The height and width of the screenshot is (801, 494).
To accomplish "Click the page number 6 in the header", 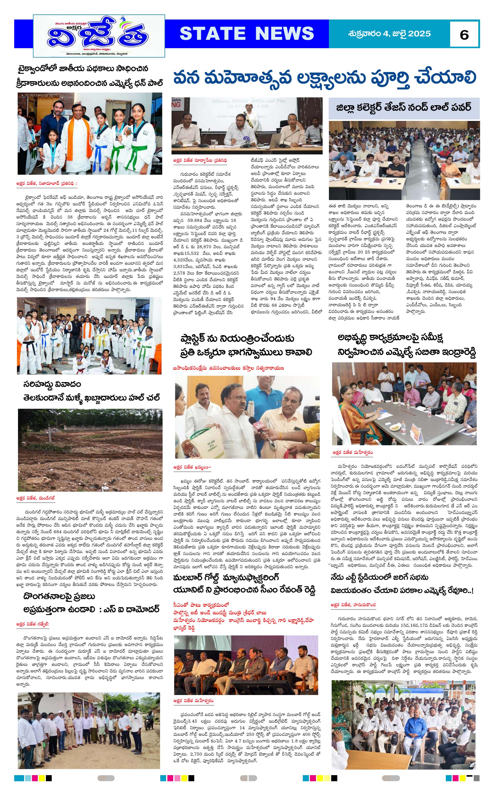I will tap(464, 34).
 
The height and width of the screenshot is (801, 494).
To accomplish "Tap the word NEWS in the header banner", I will tap(284, 33).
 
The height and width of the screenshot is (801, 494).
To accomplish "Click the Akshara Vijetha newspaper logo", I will tap(99, 36).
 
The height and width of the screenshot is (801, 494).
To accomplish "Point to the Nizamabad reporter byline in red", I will tap(47, 184).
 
